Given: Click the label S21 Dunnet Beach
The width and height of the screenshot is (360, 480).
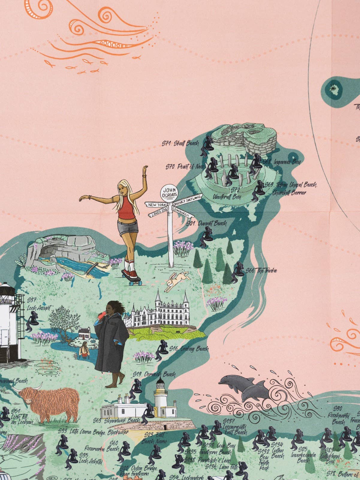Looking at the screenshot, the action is click(x=207, y=223).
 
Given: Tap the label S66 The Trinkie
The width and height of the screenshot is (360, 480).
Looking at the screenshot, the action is click(x=261, y=271).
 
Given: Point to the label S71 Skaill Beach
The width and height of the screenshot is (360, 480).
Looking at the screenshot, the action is click(x=180, y=143).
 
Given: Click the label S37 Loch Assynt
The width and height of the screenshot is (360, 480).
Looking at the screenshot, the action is click(x=39, y=304).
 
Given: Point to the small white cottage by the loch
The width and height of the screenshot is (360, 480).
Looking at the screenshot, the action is click(x=84, y=332).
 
